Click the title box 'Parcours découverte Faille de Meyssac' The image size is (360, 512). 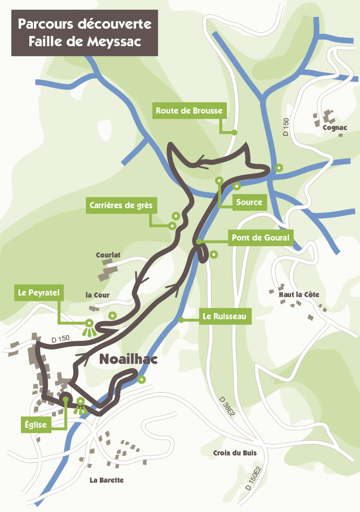coord(85,33)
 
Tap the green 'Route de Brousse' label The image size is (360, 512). coord(189,111)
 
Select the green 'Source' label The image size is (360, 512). coord(249,202)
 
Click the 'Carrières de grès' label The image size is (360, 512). coord(121,206)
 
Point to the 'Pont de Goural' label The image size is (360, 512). coord(261,238)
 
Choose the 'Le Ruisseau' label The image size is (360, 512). coord(224,317)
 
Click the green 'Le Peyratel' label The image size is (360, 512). coord(39,294)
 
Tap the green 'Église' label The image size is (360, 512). coord(36,425)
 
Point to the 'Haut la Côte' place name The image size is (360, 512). coord(299,295)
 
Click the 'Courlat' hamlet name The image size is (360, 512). coord(108,254)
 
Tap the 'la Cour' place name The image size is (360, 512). coord(98,295)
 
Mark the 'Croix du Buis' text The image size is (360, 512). coord(235,453)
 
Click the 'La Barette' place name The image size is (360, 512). coord(106,480)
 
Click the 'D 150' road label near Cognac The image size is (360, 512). coord(286,127)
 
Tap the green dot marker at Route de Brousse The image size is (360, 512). coord(234,133)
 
